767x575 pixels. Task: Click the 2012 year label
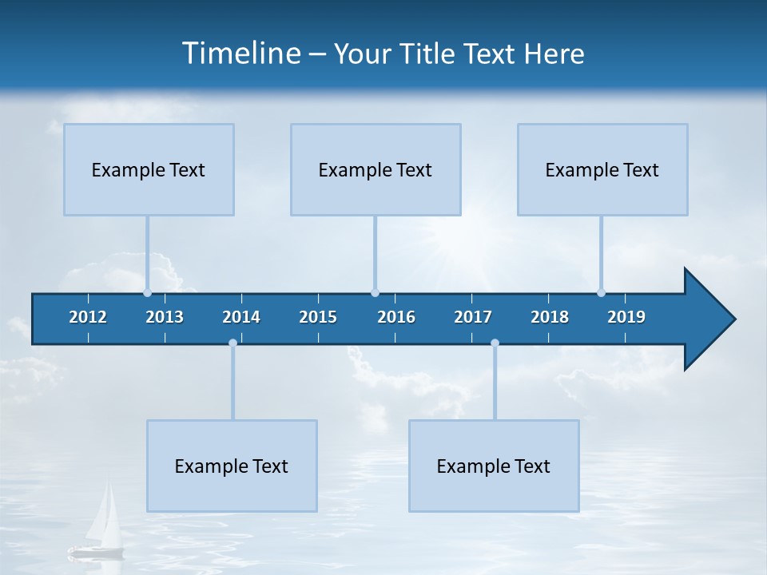pyautogui.click(x=88, y=317)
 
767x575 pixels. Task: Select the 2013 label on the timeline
pyautogui.click(x=165, y=317)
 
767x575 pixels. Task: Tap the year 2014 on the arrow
pyautogui.click(x=241, y=317)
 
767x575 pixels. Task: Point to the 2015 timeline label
pyautogui.click(x=318, y=317)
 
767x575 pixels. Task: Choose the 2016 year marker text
pyautogui.click(x=396, y=317)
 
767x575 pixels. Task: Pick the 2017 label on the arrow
pyautogui.click(x=473, y=317)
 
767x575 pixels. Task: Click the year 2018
pyautogui.click(x=550, y=317)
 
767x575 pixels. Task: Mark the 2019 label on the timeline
pyautogui.click(x=626, y=317)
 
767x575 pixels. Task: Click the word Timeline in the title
pyautogui.click(x=240, y=54)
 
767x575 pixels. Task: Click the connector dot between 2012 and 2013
pyautogui.click(x=147, y=292)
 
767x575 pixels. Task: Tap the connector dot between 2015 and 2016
pyautogui.click(x=375, y=292)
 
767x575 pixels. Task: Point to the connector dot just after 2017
pyautogui.click(x=495, y=343)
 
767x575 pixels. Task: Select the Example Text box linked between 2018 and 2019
pyautogui.click(x=602, y=169)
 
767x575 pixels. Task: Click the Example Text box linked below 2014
pyautogui.click(x=232, y=466)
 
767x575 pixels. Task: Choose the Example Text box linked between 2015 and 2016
pyautogui.click(x=376, y=169)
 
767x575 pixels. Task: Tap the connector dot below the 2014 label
pyautogui.click(x=232, y=343)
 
